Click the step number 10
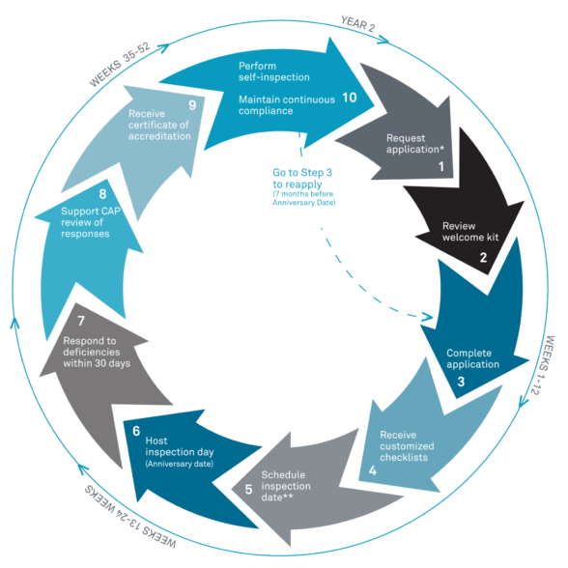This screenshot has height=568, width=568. (x=350, y=98)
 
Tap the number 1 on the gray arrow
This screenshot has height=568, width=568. (x=441, y=166)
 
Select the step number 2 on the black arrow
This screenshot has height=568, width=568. (x=483, y=258)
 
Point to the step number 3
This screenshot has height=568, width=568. (x=461, y=382)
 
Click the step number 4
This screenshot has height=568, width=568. (x=373, y=470)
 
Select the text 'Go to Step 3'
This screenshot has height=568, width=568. (x=302, y=172)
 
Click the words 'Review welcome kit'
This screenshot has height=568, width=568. (x=470, y=232)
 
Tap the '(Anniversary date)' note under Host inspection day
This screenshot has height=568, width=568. (x=180, y=464)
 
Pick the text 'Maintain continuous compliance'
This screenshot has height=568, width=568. (x=287, y=105)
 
